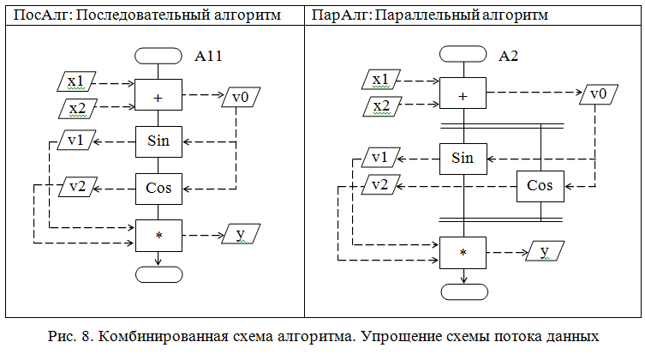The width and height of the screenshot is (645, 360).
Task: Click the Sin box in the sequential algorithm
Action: (158, 141)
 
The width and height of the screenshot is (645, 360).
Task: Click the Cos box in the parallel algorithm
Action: (540, 185)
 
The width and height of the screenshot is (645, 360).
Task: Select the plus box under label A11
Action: (158, 97)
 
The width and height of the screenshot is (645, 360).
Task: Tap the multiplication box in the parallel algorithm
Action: (463, 252)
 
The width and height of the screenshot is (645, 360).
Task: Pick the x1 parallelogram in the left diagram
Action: (76, 82)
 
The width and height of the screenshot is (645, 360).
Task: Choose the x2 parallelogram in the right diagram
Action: (381, 106)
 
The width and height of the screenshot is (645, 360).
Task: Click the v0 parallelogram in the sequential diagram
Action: (241, 97)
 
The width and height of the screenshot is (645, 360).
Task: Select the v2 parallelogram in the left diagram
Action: (76, 186)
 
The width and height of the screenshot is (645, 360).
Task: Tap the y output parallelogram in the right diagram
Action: (545, 251)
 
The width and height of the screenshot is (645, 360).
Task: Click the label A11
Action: (209, 57)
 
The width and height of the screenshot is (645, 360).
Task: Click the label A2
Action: (509, 57)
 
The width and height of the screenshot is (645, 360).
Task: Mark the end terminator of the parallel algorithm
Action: (463, 291)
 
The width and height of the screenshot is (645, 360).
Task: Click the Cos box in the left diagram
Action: (158, 186)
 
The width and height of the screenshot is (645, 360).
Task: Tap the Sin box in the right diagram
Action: (463, 158)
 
